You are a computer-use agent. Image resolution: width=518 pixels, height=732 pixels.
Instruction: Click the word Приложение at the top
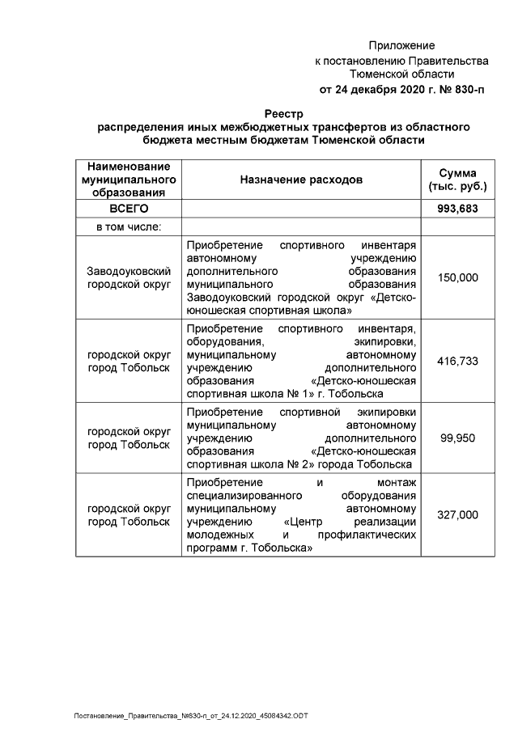tap(401, 45)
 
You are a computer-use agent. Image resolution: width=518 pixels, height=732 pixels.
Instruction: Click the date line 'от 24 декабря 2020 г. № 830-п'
tap(401, 89)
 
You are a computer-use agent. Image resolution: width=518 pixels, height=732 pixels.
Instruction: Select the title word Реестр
tap(283, 114)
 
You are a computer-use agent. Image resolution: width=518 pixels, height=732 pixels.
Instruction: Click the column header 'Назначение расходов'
tap(301, 180)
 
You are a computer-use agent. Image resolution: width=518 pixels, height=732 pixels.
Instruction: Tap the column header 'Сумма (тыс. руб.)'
tap(457, 180)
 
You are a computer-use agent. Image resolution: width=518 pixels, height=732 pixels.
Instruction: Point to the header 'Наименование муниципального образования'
tap(129, 180)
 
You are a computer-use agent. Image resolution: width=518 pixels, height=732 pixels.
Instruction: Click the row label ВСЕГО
tap(129, 209)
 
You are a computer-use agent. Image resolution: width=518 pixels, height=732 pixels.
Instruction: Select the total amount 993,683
tap(457, 209)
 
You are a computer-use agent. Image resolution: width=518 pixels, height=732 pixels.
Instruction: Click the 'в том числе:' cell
tap(129, 226)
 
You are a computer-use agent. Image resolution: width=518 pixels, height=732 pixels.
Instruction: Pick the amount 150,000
tap(457, 277)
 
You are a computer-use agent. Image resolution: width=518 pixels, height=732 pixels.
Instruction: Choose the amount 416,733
tap(457, 361)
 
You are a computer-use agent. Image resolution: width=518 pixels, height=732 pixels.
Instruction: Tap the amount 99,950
tap(457, 438)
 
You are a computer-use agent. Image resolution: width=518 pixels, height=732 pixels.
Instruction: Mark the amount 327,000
tap(457, 514)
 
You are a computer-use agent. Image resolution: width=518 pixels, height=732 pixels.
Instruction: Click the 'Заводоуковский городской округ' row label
tap(129, 277)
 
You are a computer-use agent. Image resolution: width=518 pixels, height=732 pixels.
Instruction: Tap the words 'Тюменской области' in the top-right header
tap(401, 74)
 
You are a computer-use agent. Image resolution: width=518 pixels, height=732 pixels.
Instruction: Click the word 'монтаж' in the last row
tap(396, 483)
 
